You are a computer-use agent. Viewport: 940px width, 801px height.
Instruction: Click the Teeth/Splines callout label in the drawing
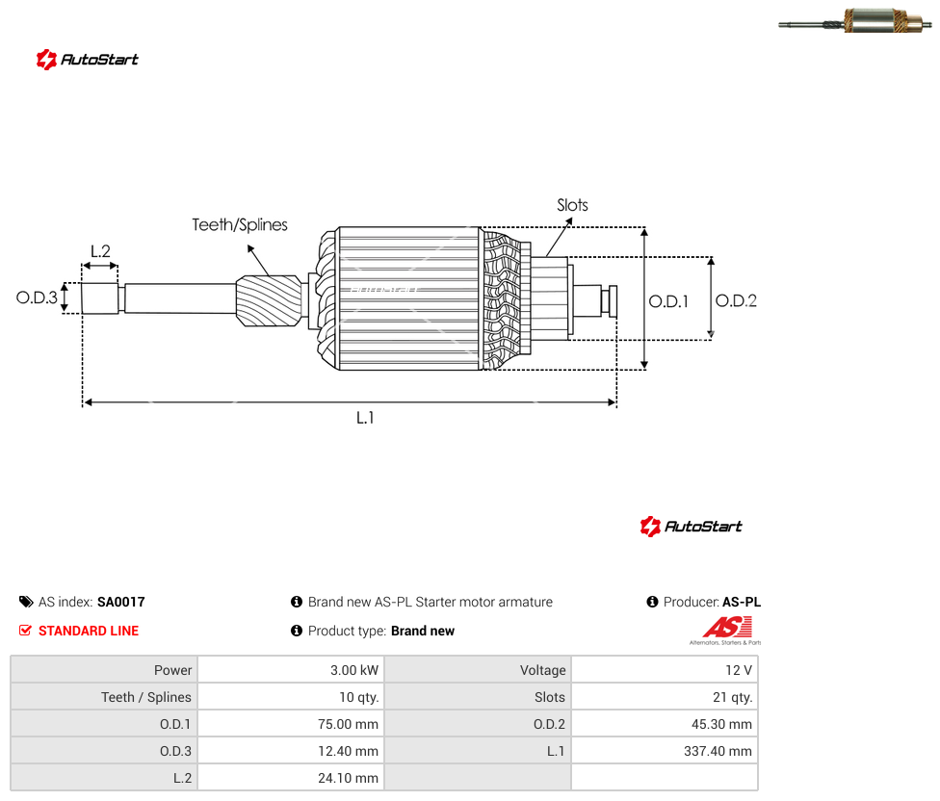(x=240, y=224)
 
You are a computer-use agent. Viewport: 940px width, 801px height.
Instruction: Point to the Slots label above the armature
(x=572, y=205)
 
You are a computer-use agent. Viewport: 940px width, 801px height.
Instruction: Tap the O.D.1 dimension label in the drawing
(x=668, y=301)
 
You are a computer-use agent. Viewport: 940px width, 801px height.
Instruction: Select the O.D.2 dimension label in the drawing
(x=736, y=300)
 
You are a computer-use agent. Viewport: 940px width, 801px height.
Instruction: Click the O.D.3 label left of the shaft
(x=37, y=297)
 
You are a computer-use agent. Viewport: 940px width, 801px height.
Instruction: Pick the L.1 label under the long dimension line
(x=365, y=418)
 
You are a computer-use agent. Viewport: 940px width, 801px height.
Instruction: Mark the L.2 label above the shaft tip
(x=101, y=251)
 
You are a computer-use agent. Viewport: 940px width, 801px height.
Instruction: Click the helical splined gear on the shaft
(x=269, y=300)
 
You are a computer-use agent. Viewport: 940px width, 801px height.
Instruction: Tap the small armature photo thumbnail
(x=855, y=21)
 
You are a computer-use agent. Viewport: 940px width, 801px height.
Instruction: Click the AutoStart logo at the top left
(x=88, y=60)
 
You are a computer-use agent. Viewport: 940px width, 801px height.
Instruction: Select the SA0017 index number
(x=121, y=602)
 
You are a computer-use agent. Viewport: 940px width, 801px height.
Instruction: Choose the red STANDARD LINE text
(x=89, y=631)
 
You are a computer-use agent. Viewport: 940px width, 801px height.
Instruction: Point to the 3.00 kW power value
(x=354, y=670)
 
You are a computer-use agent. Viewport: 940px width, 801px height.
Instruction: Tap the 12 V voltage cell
(x=739, y=670)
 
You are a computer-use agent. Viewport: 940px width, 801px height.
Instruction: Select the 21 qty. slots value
(x=733, y=697)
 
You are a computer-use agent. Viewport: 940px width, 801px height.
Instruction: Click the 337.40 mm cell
(x=718, y=751)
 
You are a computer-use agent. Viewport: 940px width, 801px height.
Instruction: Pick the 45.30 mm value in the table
(x=721, y=724)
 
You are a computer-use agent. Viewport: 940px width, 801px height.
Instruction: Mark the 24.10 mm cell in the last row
(x=349, y=778)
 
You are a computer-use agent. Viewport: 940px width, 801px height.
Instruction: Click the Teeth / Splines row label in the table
(x=146, y=697)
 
